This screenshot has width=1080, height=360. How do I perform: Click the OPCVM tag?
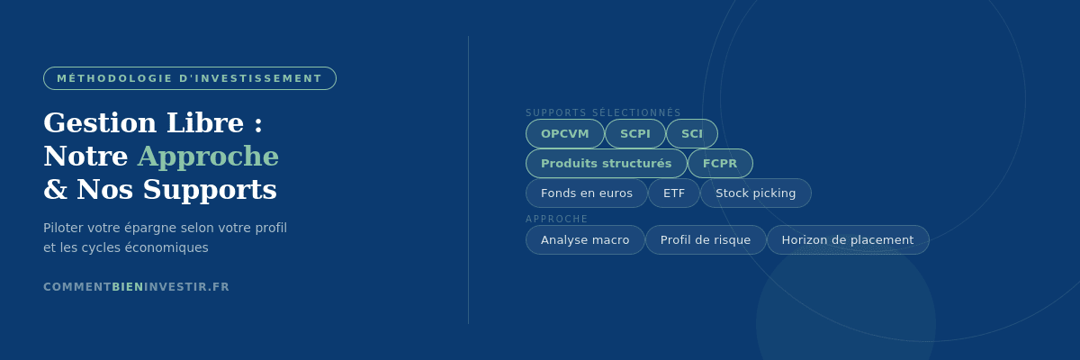564,133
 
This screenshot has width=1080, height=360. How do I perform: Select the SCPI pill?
635,133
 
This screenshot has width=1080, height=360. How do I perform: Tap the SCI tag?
692,133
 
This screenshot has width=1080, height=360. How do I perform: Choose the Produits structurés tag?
606,164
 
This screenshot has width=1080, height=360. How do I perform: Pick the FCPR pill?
720,164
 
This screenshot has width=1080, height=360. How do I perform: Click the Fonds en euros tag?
586,193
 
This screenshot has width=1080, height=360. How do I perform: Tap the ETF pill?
673,193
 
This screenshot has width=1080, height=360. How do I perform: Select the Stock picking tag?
755,193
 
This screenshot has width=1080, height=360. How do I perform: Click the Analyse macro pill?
585,240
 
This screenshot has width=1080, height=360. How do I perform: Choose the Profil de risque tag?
706,240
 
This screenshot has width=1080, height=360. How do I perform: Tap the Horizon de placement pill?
848,240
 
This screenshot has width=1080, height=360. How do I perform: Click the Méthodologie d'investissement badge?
190,78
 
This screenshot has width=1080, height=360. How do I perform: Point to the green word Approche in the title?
208,157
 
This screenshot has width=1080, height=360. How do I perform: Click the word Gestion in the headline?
100,123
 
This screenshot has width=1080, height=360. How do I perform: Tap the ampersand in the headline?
56,189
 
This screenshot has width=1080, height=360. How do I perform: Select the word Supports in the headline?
210,190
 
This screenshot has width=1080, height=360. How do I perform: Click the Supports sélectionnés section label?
603,112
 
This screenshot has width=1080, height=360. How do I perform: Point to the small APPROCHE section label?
556,220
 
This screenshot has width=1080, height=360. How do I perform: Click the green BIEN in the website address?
128,287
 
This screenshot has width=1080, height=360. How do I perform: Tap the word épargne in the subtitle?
150,228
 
